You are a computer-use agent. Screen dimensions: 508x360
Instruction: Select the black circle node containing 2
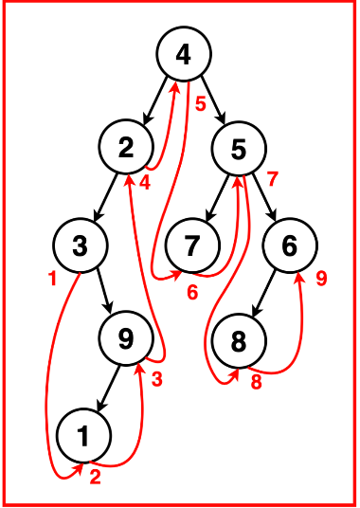(x=128, y=148)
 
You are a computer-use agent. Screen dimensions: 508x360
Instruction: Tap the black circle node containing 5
(x=238, y=148)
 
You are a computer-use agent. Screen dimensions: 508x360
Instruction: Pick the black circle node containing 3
(x=81, y=245)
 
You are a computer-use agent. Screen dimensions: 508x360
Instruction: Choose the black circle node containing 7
(x=192, y=245)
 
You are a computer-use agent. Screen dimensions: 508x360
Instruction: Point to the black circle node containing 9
(x=128, y=338)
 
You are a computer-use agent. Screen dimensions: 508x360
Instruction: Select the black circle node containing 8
(x=238, y=338)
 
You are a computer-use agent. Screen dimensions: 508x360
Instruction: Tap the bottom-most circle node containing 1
(x=84, y=435)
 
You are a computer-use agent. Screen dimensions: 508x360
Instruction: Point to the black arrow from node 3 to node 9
(x=104, y=291)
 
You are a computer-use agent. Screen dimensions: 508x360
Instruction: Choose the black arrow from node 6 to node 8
(x=264, y=292)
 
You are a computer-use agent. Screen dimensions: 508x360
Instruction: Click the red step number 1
(x=51, y=279)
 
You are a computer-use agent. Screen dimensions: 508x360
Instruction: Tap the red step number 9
(x=321, y=279)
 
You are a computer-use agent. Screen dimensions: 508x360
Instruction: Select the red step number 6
(x=192, y=292)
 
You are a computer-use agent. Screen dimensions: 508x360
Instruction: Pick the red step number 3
(x=156, y=381)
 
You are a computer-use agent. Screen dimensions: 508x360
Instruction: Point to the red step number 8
(x=256, y=383)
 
